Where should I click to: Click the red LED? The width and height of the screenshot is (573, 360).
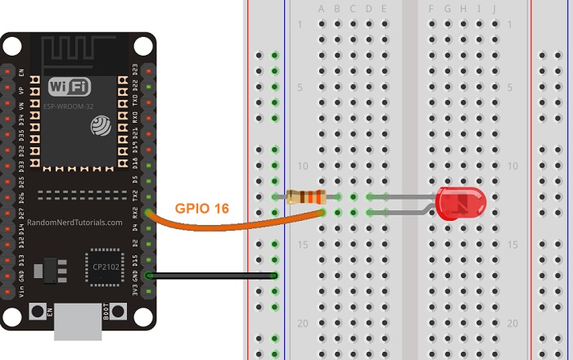point(460,203)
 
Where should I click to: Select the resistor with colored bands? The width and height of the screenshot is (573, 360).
point(306,196)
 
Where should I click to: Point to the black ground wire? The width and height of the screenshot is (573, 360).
point(213,276)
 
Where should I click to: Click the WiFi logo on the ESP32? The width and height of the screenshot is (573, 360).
point(70,87)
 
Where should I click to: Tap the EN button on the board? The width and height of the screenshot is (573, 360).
point(37,312)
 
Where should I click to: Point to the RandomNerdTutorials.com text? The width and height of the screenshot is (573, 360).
point(74,222)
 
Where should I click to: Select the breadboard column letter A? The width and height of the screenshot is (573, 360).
point(322,9)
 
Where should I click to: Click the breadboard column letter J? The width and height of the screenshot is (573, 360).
point(494,9)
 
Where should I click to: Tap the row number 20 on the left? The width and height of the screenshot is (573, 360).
point(303,323)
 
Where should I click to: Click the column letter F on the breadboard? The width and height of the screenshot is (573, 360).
point(431,9)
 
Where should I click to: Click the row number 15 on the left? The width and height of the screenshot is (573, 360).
point(303,245)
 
